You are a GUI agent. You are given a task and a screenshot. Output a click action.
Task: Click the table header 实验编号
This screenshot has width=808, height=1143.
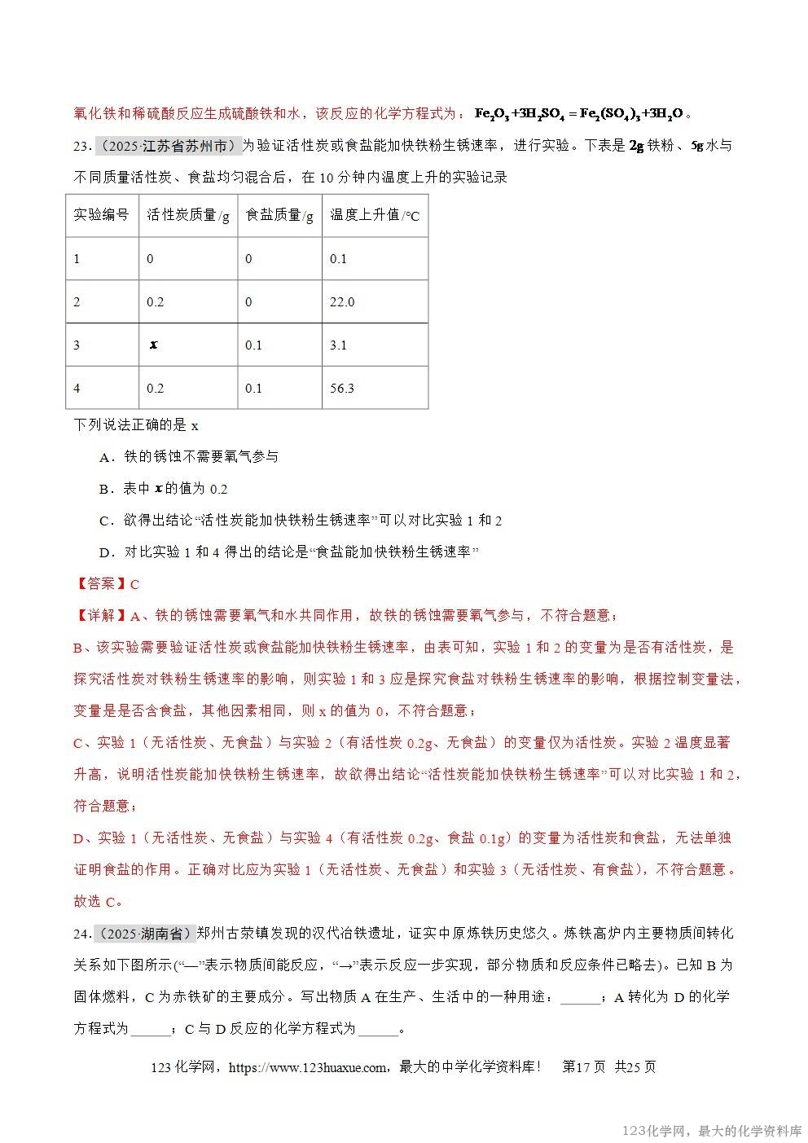pyautogui.click(x=101, y=215)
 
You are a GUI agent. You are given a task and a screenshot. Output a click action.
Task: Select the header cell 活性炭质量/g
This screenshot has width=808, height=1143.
pyautogui.click(x=188, y=215)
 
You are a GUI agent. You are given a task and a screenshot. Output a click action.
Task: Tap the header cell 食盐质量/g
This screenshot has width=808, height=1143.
pyautogui.click(x=279, y=215)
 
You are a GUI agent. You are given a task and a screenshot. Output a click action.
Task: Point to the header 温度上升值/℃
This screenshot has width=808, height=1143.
pyautogui.click(x=375, y=215)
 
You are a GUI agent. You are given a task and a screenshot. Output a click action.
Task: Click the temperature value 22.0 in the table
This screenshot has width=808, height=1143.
pyautogui.click(x=342, y=302)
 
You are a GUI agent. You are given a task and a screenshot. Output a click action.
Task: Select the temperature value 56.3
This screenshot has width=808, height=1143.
pyautogui.click(x=342, y=389)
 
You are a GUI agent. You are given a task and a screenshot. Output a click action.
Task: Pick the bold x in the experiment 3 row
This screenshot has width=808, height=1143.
pyautogui.click(x=153, y=345)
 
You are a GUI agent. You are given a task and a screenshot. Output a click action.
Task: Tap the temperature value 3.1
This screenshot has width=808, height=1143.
pyautogui.click(x=339, y=345)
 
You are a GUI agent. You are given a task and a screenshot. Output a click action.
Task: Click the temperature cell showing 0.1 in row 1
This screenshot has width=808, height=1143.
pyautogui.click(x=338, y=259)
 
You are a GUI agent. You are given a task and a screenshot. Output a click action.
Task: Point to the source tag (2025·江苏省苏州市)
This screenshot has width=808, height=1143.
pyautogui.click(x=169, y=146)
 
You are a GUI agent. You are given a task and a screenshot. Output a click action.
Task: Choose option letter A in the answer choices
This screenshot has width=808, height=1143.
pyautogui.click(x=104, y=458)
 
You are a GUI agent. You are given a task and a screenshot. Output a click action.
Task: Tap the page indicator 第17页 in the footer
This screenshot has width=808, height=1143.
pyautogui.click(x=584, y=1067)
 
